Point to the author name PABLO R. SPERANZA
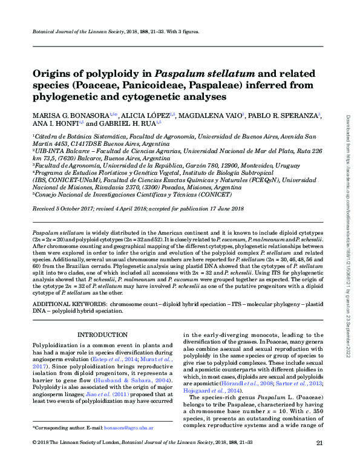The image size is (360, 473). click(284, 115)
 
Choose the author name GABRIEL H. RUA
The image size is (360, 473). click(127, 123)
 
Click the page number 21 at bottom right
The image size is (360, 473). click(319, 460)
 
